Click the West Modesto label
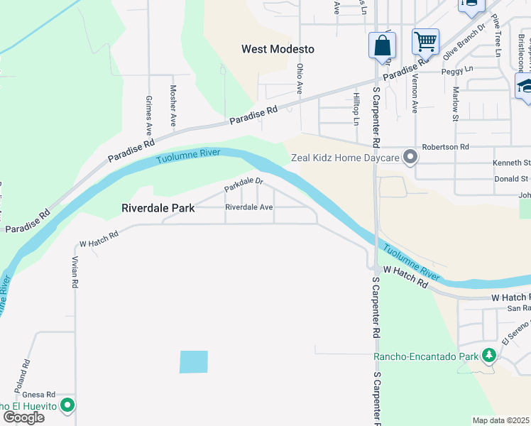point(278,50)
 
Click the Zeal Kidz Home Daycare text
point(345,158)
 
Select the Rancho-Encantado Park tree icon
point(489,355)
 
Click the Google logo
point(23,417)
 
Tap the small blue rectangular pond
point(194,362)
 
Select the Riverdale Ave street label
point(249,207)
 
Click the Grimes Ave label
point(149,116)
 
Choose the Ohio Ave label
point(300,79)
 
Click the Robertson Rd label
point(446,147)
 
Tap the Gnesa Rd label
point(38,395)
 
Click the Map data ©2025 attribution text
point(500,420)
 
